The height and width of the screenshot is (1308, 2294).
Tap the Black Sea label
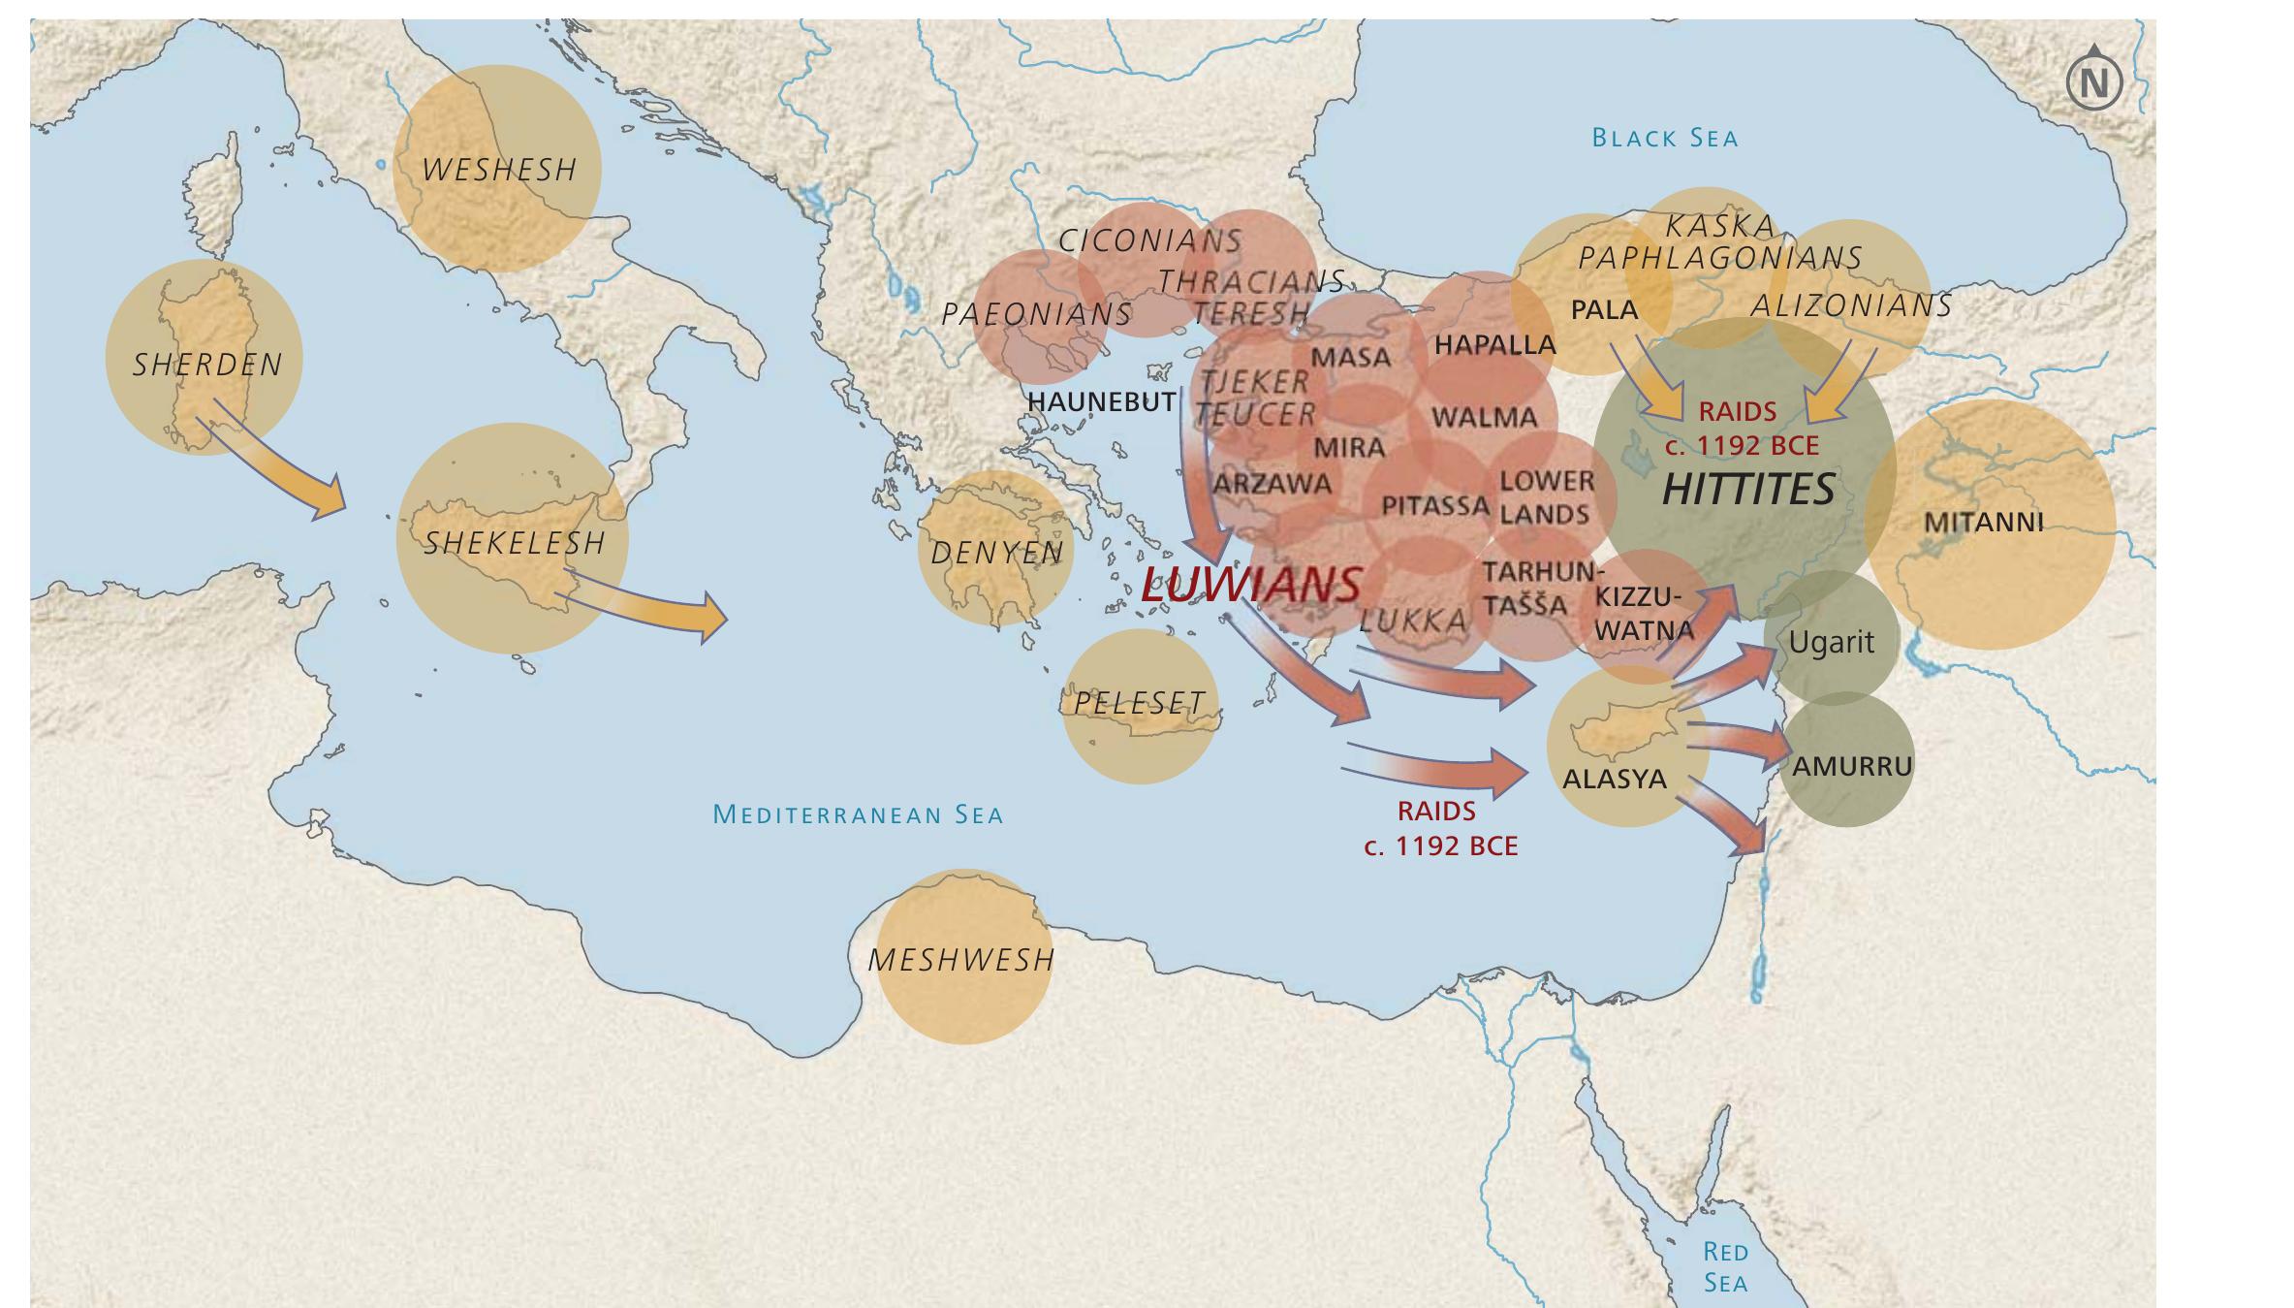click(x=1665, y=139)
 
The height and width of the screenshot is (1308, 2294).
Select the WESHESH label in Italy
click(x=500, y=171)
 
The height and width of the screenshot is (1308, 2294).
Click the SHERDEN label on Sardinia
click(x=207, y=366)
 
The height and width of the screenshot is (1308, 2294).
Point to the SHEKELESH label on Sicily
click(x=515, y=544)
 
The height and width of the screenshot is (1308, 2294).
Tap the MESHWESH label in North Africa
click(x=960, y=961)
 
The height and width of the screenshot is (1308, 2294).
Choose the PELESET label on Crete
click(x=1140, y=703)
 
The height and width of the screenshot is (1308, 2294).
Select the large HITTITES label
click(x=1748, y=490)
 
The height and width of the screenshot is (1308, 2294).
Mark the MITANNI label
click(x=1984, y=524)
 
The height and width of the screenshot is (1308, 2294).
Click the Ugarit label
click(x=1831, y=643)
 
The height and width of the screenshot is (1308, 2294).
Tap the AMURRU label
click(x=1852, y=767)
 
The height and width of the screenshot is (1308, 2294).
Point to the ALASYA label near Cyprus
click(x=1615, y=780)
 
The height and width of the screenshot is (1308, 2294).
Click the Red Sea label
click(x=1725, y=1267)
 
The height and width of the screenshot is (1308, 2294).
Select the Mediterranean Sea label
click(x=858, y=814)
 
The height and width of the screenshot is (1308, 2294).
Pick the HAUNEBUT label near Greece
click(x=1101, y=401)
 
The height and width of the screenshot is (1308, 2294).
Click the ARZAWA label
click(x=1273, y=484)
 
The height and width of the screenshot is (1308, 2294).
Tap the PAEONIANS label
click(x=1036, y=315)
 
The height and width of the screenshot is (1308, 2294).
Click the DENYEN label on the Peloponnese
click(x=996, y=554)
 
